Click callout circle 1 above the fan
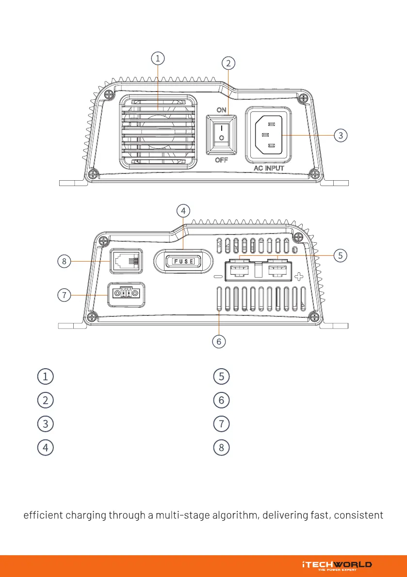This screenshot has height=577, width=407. [x=157, y=59]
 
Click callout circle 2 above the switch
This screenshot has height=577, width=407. [x=228, y=62]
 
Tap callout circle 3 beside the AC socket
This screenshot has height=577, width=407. [x=341, y=135]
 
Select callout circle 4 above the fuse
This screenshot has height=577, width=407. [x=182, y=211]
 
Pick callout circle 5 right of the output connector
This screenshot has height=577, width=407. [x=341, y=255]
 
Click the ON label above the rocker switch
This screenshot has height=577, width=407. [x=221, y=110]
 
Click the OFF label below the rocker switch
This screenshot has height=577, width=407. [x=221, y=160]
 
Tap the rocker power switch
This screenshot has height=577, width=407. [x=221, y=135]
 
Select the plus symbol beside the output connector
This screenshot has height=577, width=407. [x=299, y=277]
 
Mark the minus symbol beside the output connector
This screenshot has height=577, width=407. [x=217, y=277]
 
